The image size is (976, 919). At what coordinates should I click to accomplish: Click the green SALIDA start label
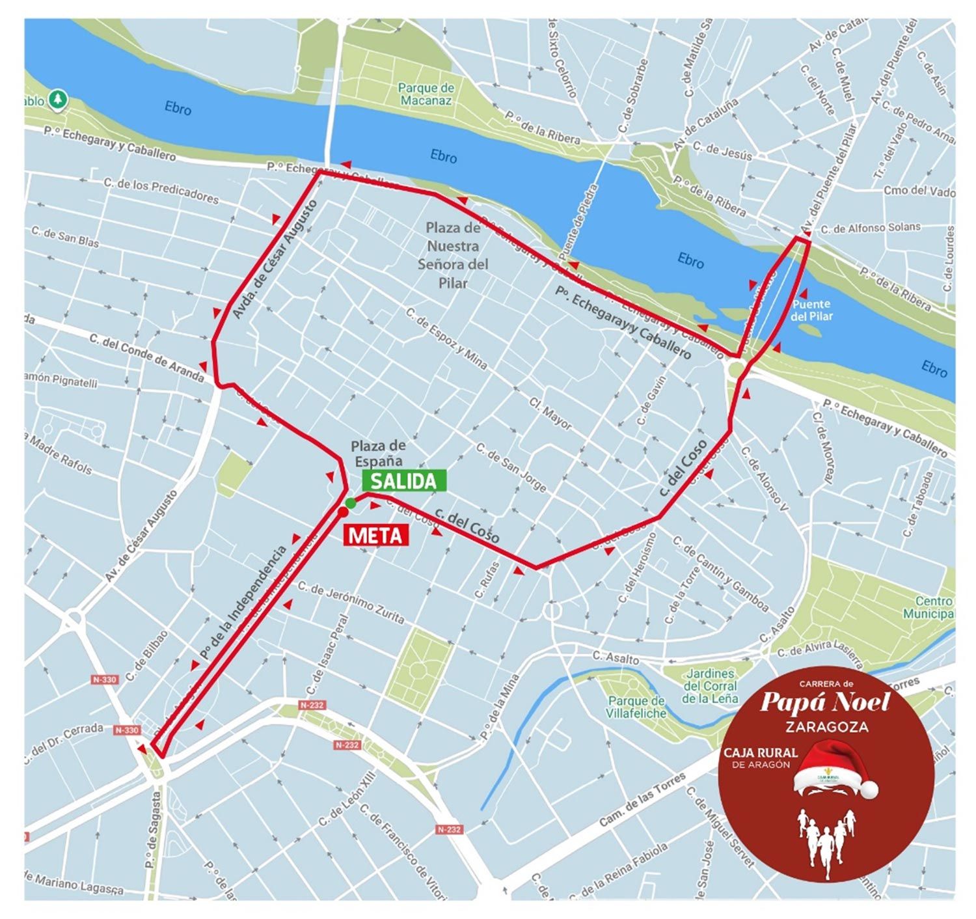[x=404, y=480]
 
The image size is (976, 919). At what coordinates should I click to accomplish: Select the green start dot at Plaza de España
[x=350, y=502]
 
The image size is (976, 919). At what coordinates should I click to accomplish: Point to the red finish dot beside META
[x=343, y=512]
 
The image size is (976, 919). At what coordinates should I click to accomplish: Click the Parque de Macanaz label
[x=426, y=94]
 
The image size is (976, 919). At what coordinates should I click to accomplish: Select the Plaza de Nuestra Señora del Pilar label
[x=453, y=255]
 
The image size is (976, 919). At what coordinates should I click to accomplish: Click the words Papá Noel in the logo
[x=824, y=703]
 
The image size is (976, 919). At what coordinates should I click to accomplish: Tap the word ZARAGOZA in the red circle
[x=826, y=726]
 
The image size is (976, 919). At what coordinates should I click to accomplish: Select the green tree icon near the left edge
[x=59, y=99]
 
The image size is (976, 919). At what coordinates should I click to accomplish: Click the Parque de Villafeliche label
[x=636, y=707]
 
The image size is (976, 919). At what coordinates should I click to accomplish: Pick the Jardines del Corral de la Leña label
[x=710, y=686]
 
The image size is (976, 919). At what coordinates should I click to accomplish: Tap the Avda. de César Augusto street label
[x=275, y=259]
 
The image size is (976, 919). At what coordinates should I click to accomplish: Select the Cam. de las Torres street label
[x=642, y=800]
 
